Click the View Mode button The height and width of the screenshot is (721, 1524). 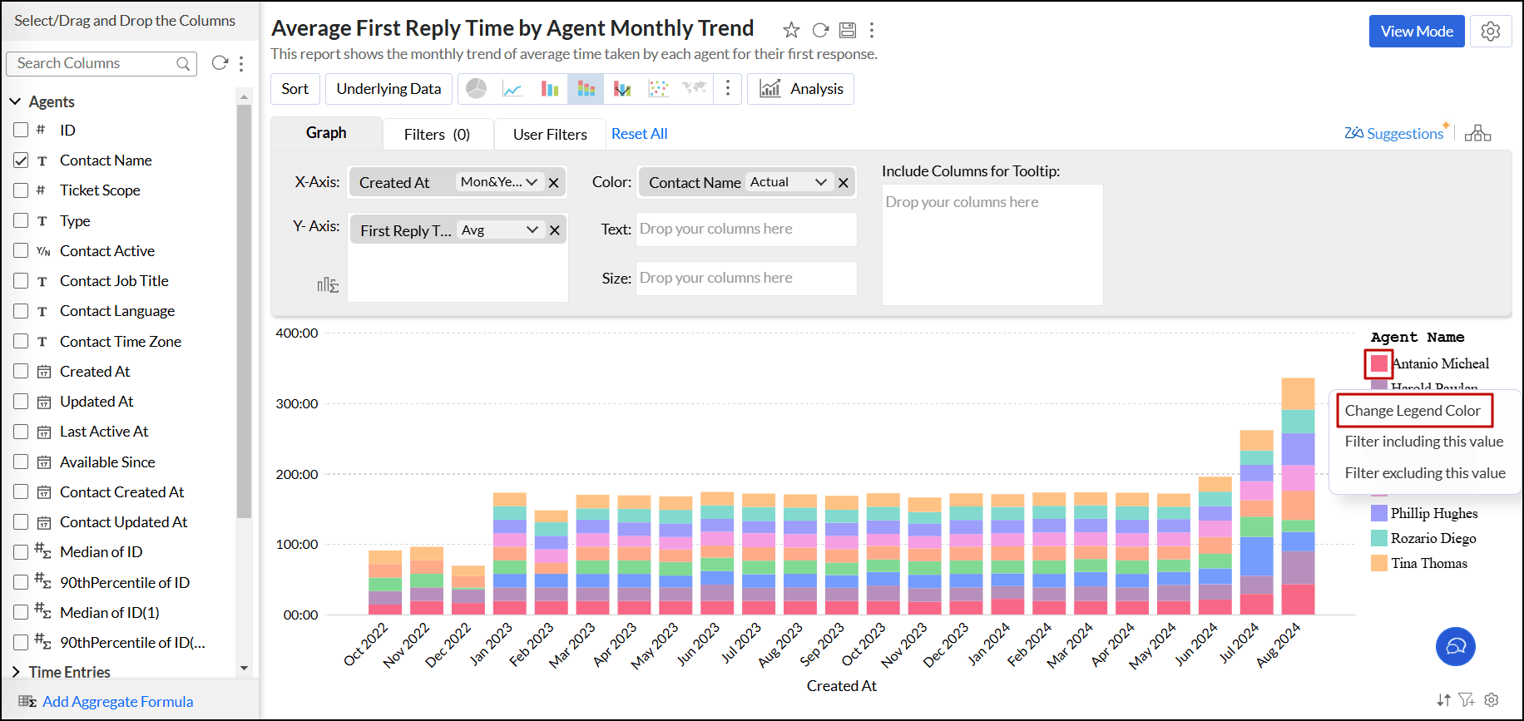[1416, 32]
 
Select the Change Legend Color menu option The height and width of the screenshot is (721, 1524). [1412, 411]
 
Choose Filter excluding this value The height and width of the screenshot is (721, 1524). [1424, 473]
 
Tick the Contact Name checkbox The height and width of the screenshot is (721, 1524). [22, 160]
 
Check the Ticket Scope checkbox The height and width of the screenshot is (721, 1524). [22, 190]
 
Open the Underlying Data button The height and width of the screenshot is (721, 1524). [388, 89]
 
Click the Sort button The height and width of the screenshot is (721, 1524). [294, 89]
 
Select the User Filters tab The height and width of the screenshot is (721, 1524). [549, 134]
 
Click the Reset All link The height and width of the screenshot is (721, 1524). [639, 134]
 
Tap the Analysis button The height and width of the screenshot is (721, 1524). [801, 89]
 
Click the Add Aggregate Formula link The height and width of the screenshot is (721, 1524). [117, 702]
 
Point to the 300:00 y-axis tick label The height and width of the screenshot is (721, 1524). [297, 404]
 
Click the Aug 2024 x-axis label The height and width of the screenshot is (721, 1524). [1279, 644]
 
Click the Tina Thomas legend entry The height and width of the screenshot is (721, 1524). [1428, 564]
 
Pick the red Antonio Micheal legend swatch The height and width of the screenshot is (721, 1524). [1378, 363]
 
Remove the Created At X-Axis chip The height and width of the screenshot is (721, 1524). [554, 183]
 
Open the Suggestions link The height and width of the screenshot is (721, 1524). [1404, 134]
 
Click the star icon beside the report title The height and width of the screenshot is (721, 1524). [791, 31]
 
